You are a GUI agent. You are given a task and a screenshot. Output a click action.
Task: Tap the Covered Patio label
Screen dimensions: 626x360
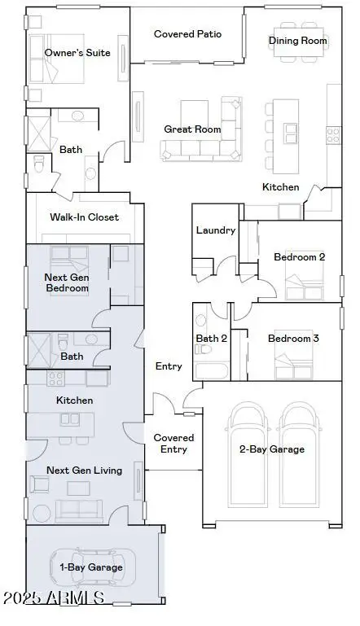[x=187, y=34]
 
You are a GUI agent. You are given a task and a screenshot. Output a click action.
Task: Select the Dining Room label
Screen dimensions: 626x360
[x=298, y=41]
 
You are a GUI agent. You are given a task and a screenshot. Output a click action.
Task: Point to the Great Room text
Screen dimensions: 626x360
[x=192, y=129]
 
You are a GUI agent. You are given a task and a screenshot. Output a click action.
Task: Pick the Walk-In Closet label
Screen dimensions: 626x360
[x=85, y=217]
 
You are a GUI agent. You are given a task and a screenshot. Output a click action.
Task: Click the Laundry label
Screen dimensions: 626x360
[x=216, y=230]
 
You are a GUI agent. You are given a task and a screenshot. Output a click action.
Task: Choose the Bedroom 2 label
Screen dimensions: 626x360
[x=299, y=257]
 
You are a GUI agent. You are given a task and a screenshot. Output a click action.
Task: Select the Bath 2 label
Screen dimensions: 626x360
[x=212, y=338]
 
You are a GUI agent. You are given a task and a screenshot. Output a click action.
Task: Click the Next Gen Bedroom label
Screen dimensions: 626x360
[x=67, y=282]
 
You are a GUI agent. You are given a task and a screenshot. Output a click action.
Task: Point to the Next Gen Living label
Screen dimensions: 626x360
[x=84, y=471]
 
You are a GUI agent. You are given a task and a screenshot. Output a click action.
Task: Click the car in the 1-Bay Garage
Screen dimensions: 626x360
[x=90, y=567]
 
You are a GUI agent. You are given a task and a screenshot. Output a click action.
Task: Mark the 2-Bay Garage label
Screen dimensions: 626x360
[x=272, y=449]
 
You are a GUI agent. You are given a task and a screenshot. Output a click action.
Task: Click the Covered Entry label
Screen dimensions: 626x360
[x=173, y=444]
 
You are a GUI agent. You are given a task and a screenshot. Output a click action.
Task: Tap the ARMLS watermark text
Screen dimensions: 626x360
[x=53, y=598]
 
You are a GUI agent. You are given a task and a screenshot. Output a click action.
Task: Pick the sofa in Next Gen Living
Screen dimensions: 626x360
[x=78, y=510]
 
